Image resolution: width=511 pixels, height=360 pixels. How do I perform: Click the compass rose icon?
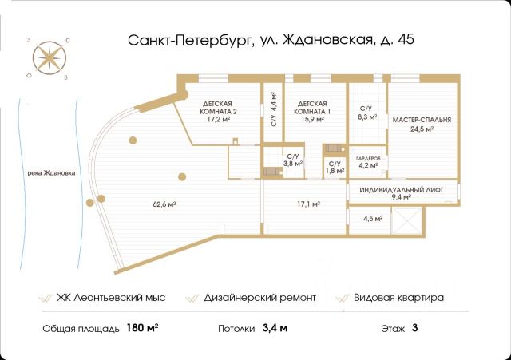point(50,58)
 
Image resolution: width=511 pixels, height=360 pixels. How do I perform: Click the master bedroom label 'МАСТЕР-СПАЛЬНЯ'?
point(422,120)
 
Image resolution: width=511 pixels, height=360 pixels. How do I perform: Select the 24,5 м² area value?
point(422,129)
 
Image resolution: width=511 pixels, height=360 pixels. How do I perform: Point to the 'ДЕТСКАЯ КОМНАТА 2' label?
point(218,108)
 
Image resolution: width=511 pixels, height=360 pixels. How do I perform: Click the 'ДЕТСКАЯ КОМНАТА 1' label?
point(312,108)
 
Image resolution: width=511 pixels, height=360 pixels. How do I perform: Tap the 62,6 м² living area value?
point(164,204)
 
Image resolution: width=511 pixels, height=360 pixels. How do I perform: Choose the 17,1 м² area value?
point(308,204)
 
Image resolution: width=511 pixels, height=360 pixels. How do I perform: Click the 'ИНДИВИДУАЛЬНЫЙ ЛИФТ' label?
point(401,190)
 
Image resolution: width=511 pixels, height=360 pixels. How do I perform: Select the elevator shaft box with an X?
point(407,220)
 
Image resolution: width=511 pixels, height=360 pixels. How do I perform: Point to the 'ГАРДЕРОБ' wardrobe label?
point(368,158)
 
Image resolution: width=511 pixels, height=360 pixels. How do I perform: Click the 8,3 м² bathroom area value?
point(367,117)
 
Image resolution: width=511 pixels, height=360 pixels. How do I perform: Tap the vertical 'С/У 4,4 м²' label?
point(274,109)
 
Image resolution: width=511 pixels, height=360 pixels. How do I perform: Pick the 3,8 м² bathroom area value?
point(292,164)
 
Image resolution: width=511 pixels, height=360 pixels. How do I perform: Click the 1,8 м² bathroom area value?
point(335,170)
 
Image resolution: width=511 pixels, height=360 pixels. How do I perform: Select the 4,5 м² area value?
point(373,218)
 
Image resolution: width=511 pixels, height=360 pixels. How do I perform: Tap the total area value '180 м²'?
point(142,327)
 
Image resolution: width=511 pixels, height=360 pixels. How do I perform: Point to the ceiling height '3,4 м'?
point(275,328)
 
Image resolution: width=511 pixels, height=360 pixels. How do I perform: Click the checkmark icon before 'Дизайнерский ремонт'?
point(192,298)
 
